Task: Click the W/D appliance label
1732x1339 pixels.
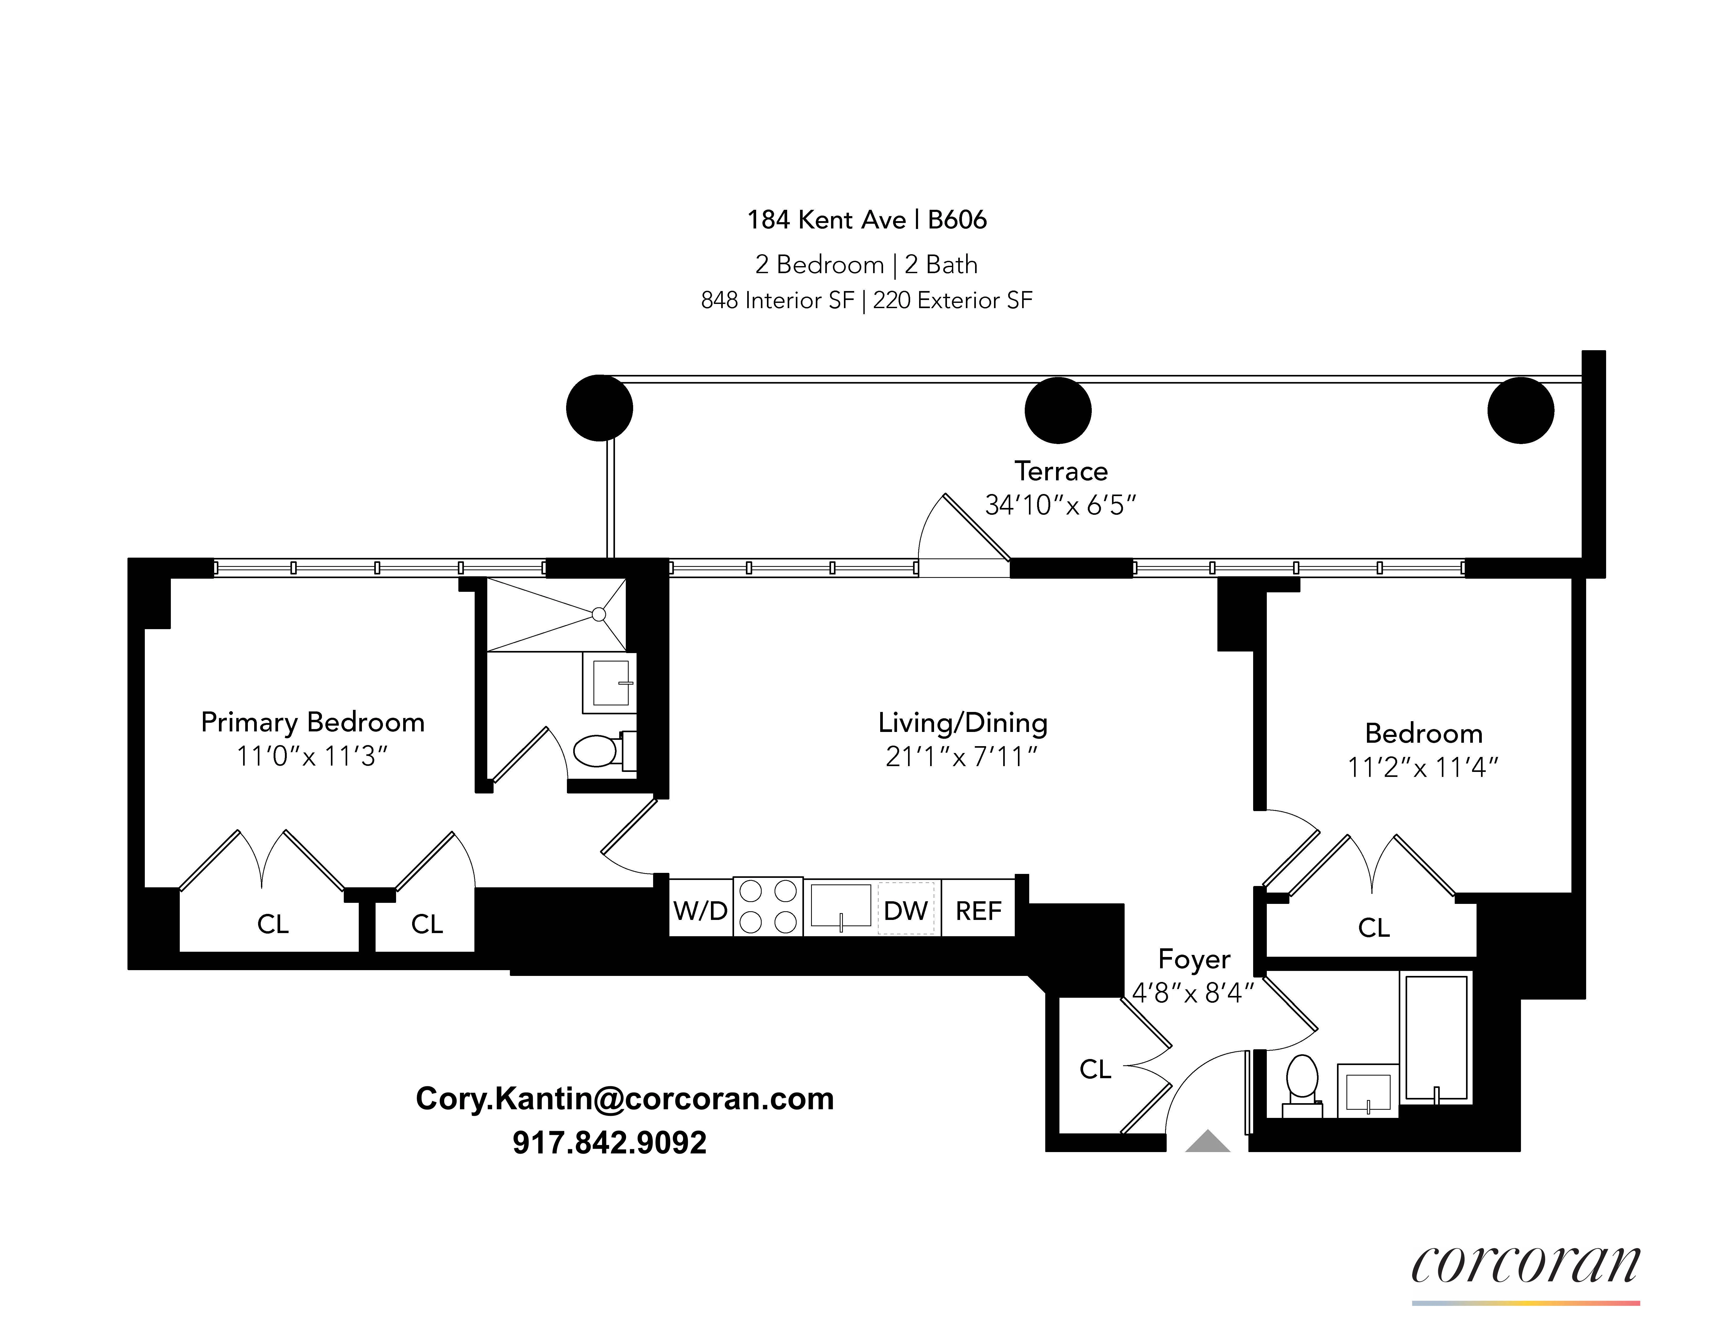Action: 700,911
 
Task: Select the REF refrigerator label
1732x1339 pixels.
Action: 978,911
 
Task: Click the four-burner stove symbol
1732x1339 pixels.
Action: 768,907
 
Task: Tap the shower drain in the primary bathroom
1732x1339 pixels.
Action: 599,614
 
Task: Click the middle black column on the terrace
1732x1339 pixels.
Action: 1058,410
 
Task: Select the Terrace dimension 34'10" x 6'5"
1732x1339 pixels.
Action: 1060,505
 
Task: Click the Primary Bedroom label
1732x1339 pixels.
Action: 312,722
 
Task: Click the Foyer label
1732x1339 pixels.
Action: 1193,959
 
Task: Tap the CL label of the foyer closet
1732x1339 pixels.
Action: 1095,1069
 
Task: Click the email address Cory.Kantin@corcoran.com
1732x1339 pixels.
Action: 624,1099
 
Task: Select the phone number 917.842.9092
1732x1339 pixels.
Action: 609,1142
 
